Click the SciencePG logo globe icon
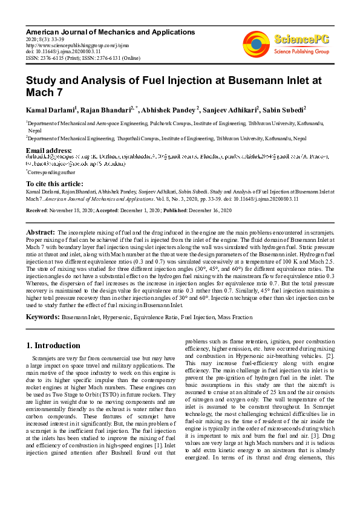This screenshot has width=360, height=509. click(257, 43)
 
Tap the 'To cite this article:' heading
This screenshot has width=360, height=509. click(56, 184)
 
